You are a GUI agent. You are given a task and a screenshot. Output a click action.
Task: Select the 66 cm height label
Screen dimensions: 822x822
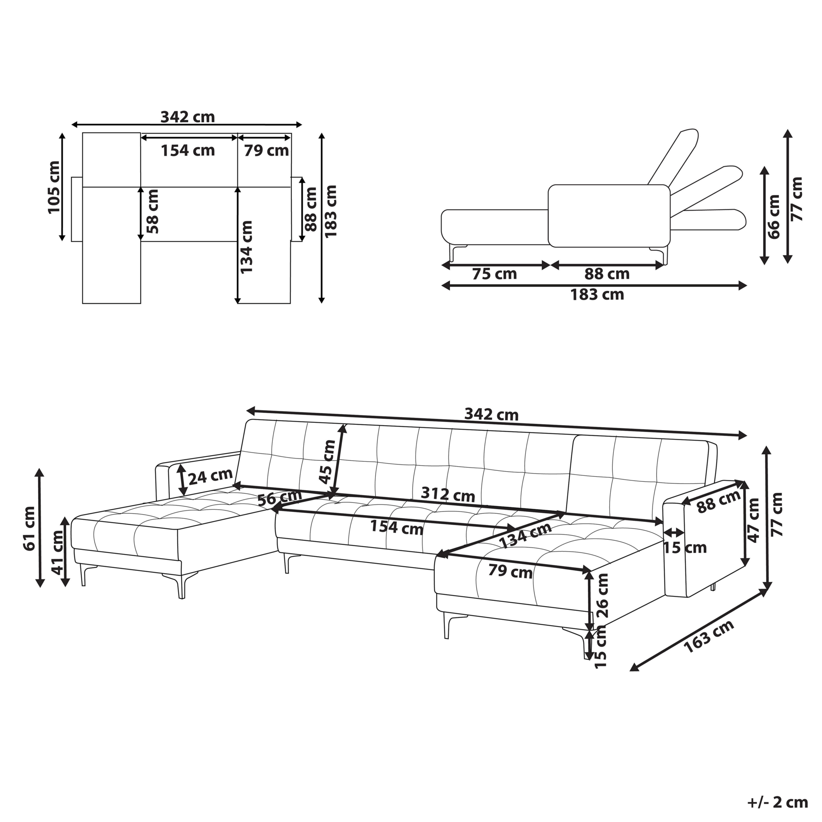click(x=774, y=216)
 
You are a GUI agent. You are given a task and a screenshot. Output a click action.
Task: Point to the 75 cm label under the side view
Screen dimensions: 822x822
click(x=494, y=274)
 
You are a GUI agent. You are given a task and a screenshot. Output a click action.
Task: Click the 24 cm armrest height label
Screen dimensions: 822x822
click(x=210, y=477)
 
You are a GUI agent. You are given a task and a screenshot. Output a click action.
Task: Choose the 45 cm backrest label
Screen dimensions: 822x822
click(x=327, y=461)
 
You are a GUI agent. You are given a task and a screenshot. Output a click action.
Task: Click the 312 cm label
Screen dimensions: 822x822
click(x=448, y=494)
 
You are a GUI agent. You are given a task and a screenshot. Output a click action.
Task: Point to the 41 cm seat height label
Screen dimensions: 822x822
click(x=58, y=552)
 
